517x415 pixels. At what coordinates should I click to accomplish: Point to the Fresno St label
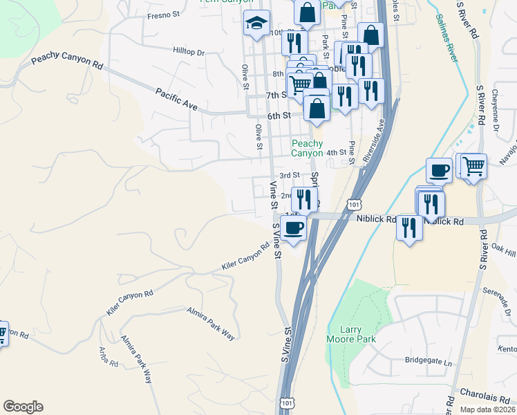click(164, 15)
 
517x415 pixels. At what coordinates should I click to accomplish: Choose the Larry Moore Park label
click(351, 335)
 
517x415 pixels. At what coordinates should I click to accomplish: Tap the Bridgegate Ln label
click(427, 362)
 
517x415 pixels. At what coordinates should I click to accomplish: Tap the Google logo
click(23, 407)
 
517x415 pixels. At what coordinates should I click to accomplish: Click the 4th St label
click(336, 153)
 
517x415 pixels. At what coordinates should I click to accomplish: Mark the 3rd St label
click(289, 176)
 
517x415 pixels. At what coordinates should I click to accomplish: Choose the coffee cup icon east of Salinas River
click(439, 170)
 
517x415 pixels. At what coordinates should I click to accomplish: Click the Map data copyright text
click(488, 409)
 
